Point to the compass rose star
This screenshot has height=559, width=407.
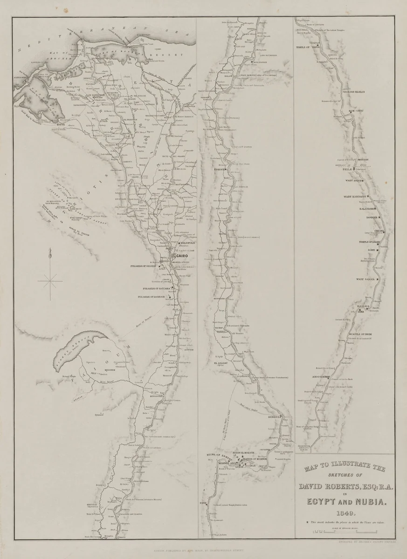click(x=50, y=281)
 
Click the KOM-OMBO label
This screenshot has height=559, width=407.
click(x=356, y=110)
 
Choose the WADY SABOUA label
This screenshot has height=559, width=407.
click(x=366, y=279)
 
